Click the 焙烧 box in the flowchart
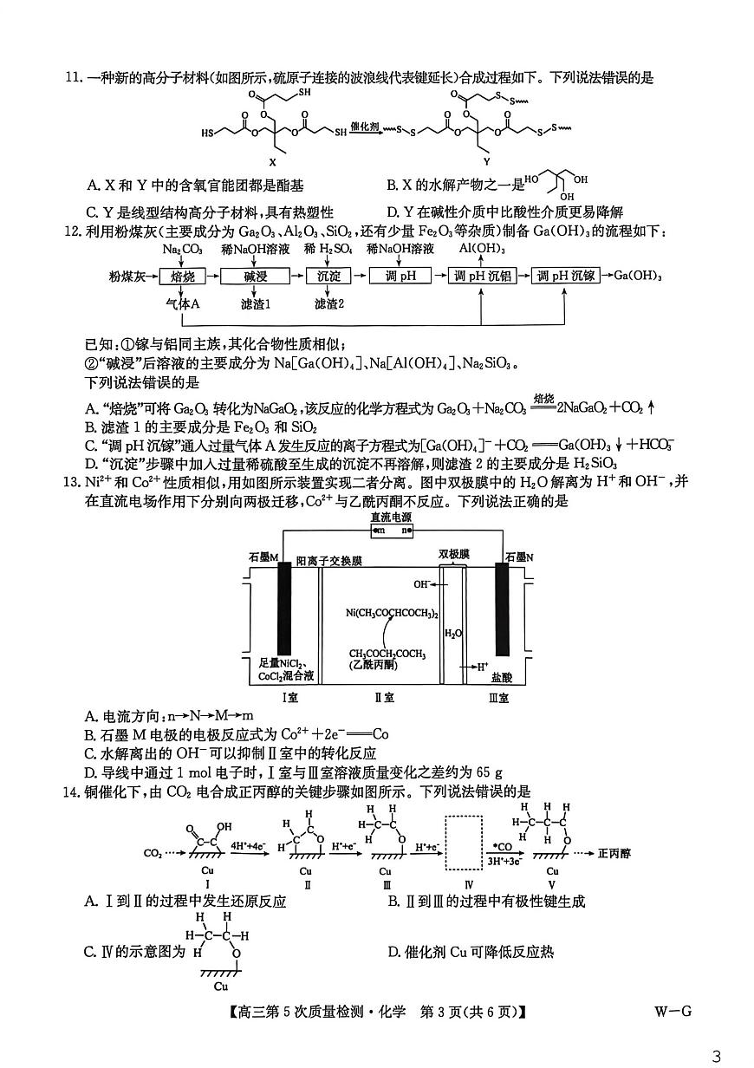click(183, 277)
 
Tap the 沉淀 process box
click(328, 277)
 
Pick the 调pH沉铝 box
click(481, 277)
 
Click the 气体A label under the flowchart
click(183, 305)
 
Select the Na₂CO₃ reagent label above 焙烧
click(183, 250)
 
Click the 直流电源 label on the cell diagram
click(391, 517)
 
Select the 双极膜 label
click(452, 552)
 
